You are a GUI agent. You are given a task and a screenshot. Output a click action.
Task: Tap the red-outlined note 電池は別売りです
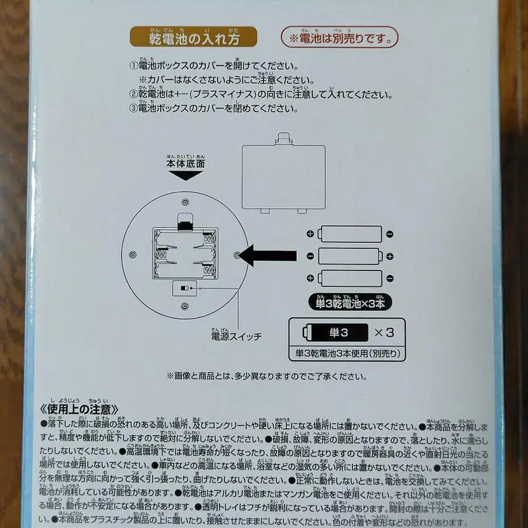(x=339, y=38)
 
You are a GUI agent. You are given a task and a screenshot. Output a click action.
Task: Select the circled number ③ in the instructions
(x=133, y=109)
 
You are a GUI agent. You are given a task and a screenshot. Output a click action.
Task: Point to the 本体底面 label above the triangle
(x=185, y=165)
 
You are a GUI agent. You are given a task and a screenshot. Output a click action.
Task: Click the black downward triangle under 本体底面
(x=185, y=176)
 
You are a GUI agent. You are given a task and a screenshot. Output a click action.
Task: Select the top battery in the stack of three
(x=350, y=233)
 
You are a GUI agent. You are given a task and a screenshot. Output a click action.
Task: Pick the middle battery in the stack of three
(x=350, y=256)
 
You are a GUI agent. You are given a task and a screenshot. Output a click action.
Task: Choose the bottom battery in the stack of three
(x=350, y=277)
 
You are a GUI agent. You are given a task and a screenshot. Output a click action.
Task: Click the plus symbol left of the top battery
(x=310, y=234)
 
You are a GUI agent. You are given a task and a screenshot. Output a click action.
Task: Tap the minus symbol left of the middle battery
(x=310, y=256)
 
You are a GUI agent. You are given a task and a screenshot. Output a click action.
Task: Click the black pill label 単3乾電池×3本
(x=350, y=303)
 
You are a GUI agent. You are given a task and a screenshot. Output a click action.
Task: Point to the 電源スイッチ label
(x=236, y=337)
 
